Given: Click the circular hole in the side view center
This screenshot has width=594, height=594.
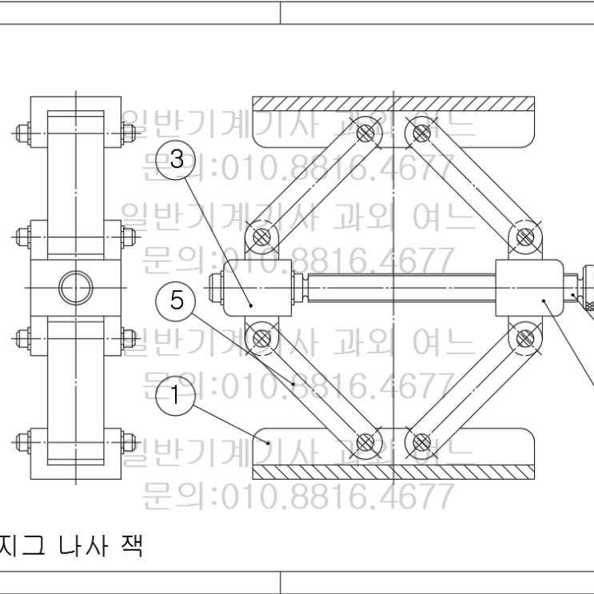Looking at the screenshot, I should point(76,285).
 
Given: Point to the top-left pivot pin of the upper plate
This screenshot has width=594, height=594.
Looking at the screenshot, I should point(365,132).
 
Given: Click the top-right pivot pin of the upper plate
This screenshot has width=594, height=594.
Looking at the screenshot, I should point(421,132).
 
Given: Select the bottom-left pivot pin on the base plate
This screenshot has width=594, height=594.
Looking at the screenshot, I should point(365,441).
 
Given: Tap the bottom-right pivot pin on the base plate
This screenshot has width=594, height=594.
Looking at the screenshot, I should point(421,441).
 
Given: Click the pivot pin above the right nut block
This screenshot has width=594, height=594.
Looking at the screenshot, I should point(524,237).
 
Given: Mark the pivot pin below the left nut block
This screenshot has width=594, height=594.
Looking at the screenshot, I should point(260,337).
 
